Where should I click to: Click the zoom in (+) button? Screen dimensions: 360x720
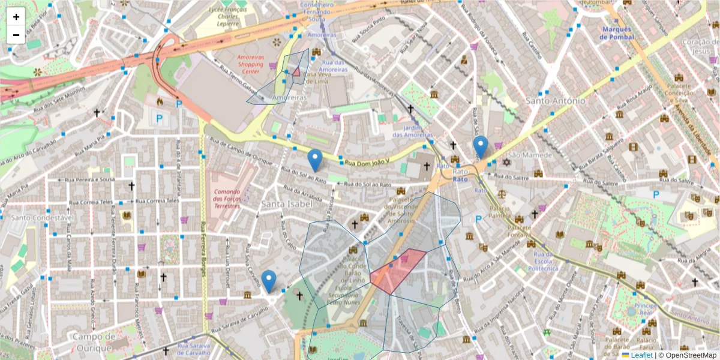pos(16,17)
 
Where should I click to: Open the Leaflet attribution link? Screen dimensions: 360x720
pos(641,355)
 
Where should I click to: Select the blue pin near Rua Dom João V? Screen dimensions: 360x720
pos(315,160)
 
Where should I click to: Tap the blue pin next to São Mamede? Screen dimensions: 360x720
pos(481,146)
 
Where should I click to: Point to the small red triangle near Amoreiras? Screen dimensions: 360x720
pos(296,71)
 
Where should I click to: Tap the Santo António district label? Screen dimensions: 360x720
pos(555,101)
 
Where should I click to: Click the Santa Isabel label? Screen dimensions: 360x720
pos(287,205)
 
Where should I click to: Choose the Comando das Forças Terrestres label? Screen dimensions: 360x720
pos(227,199)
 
